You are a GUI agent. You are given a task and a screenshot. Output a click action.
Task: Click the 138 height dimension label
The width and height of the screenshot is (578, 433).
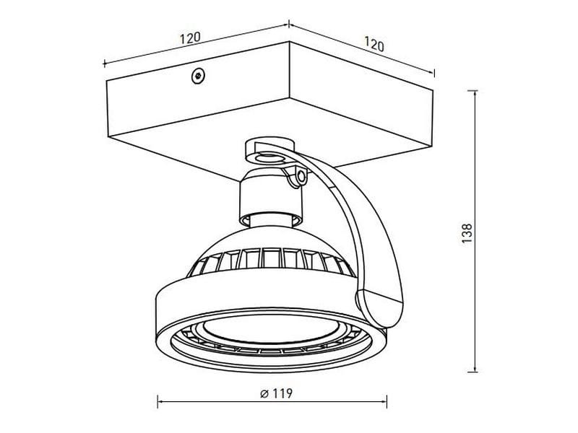click(467, 232)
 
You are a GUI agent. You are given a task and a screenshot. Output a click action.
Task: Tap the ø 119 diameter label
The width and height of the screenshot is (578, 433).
click(276, 393)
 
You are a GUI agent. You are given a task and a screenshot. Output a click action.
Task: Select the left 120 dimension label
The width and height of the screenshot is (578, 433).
click(190, 38)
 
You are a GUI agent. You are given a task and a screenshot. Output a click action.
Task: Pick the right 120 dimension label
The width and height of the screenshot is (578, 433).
click(374, 44)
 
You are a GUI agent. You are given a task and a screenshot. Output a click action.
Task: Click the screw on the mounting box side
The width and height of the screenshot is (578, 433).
click(198, 76)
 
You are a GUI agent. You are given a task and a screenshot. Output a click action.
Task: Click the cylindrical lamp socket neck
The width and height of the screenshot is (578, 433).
click(271, 201)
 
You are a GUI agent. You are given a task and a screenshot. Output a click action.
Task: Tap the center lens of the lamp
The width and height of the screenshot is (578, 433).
click(271, 331)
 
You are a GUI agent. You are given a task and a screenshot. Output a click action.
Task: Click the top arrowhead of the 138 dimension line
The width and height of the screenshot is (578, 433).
click(475, 93)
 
